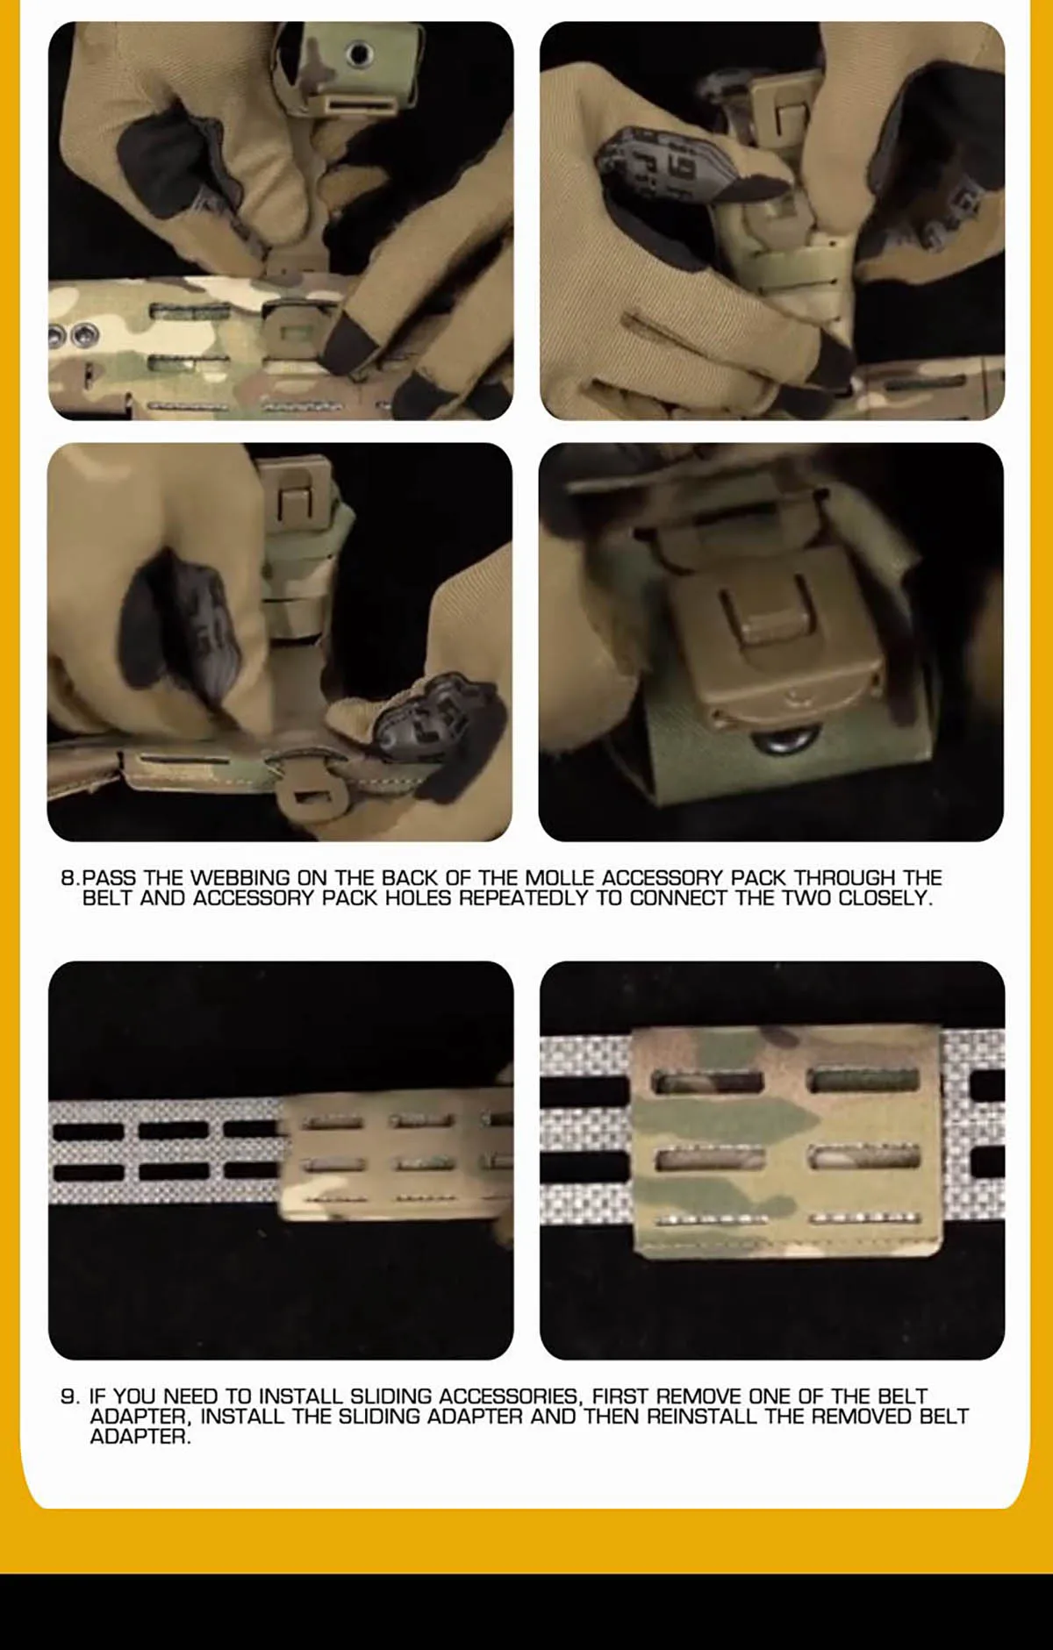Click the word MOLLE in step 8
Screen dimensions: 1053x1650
click(559, 877)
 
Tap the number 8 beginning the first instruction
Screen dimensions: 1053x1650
click(68, 877)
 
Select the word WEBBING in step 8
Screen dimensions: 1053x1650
click(240, 877)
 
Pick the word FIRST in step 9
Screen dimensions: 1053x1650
click(620, 1396)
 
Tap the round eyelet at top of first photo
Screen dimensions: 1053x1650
click(358, 54)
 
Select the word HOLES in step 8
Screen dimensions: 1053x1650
click(419, 898)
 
